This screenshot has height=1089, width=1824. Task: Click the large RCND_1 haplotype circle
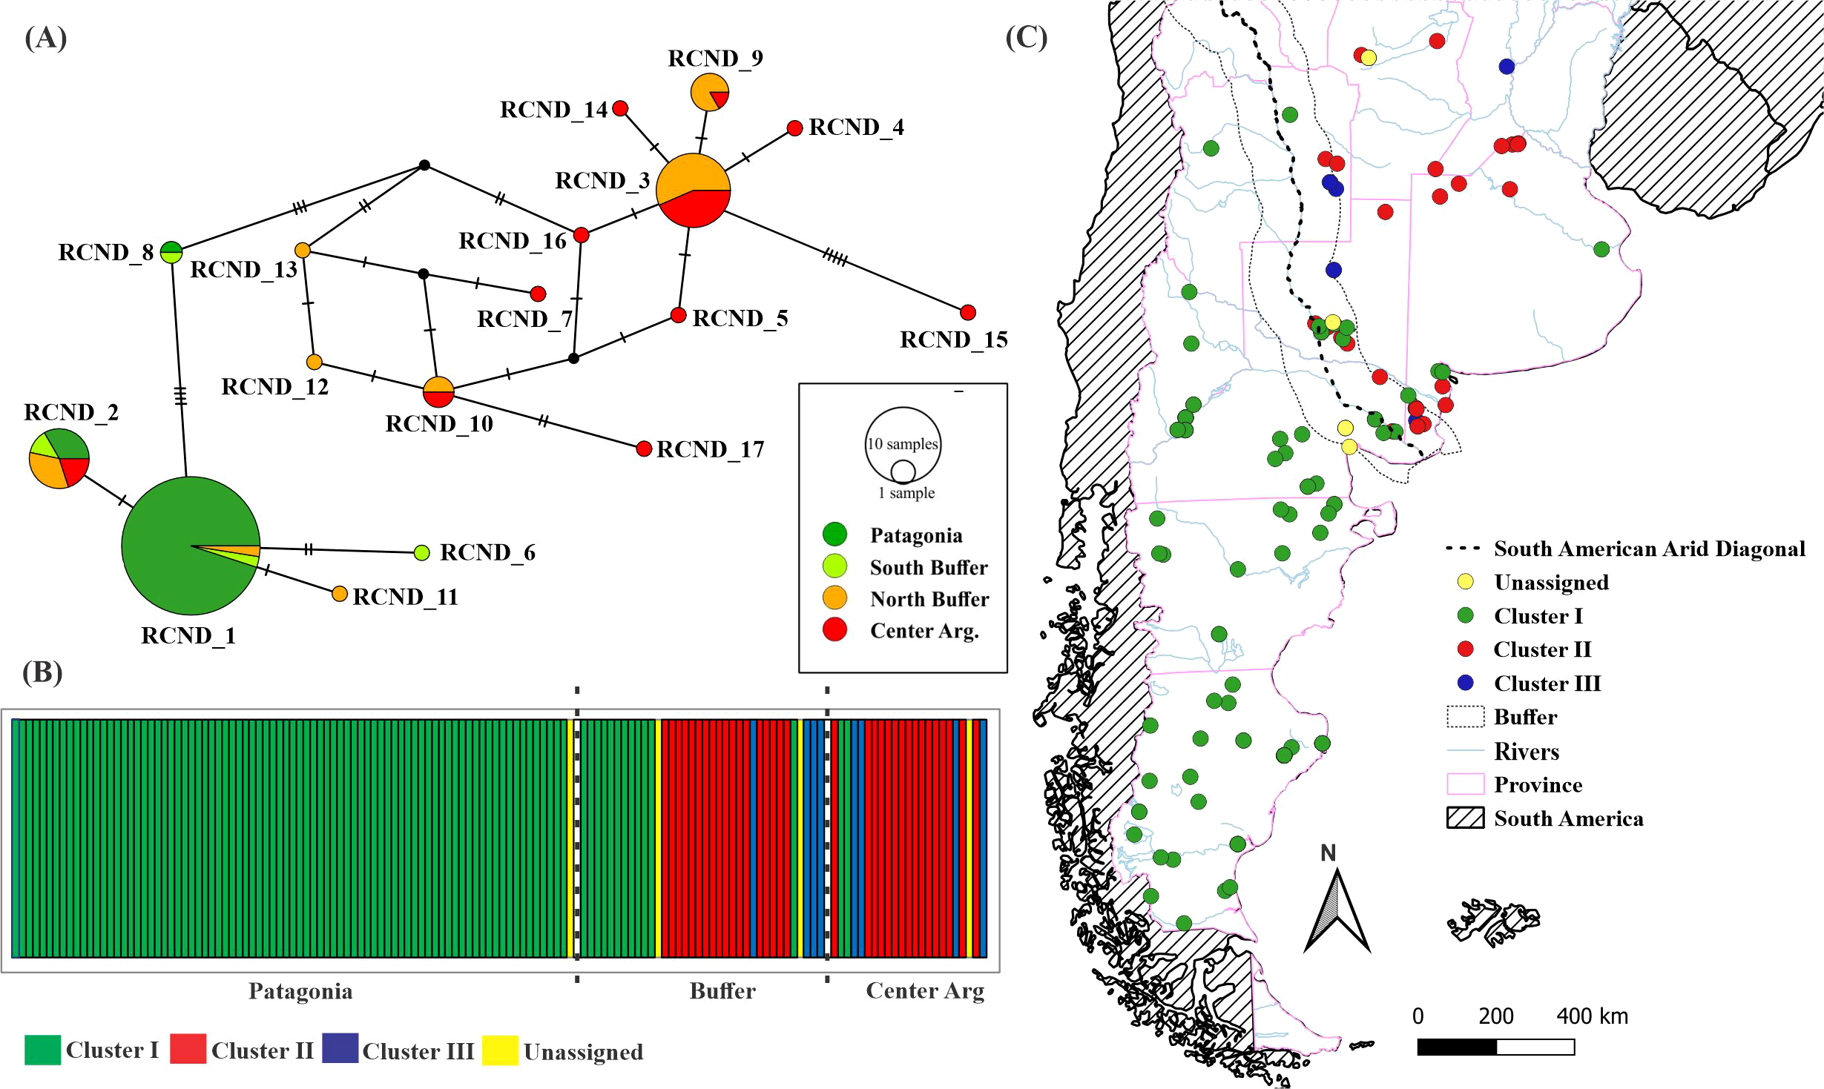click(191, 546)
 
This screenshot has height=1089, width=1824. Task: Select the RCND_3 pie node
click(694, 191)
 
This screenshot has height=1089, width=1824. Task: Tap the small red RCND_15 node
click(967, 312)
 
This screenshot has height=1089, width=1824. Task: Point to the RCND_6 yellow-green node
click(421, 552)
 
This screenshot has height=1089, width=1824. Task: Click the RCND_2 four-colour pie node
click(59, 458)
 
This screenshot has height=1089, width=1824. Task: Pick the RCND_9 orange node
click(710, 93)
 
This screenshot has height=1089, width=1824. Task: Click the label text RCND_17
click(710, 449)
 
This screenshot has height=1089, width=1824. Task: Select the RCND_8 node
click(171, 252)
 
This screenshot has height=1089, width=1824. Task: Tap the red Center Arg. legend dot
click(834, 630)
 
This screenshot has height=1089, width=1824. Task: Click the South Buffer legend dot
click(834, 566)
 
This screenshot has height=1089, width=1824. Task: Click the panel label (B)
click(43, 672)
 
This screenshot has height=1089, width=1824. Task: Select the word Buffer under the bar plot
click(722, 991)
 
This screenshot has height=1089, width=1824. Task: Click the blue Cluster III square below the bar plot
click(340, 1049)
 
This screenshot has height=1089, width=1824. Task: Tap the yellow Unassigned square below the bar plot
click(500, 1050)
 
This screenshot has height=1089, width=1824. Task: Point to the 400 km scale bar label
click(1592, 1016)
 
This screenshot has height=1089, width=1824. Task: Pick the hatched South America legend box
click(1465, 818)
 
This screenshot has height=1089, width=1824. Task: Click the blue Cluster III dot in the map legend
click(1465, 682)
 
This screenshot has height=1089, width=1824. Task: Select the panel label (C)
click(1027, 37)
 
